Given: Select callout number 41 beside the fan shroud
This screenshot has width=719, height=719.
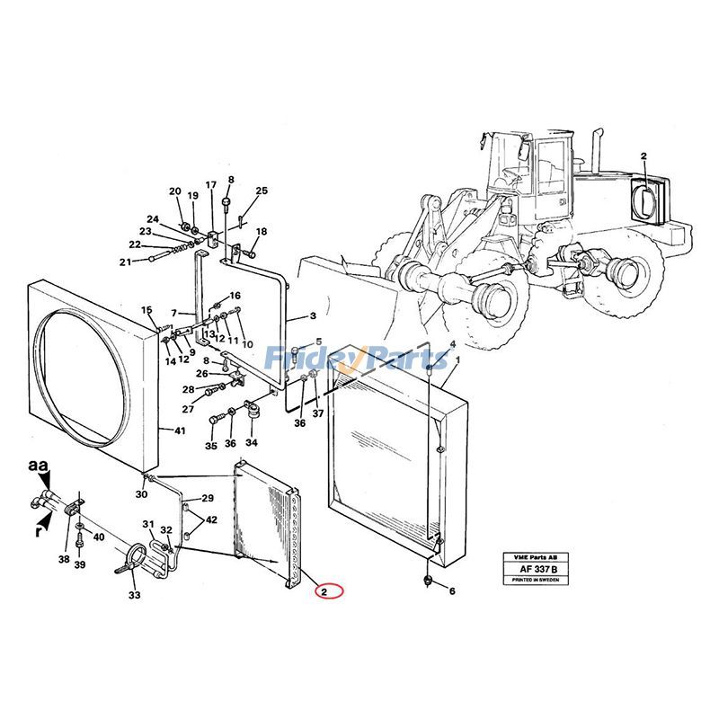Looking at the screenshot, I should [181, 431].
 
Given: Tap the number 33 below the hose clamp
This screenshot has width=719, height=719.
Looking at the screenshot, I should [135, 595].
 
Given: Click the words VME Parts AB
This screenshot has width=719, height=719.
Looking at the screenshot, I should [537, 557].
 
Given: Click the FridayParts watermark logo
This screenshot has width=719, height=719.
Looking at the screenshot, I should [359, 359].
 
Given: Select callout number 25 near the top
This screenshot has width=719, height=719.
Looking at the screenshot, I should [262, 191].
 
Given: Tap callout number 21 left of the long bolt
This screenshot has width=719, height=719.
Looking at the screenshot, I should [126, 262].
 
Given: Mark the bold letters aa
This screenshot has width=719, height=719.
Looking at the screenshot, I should [36, 466].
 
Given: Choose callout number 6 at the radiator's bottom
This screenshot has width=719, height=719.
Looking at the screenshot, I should [452, 591].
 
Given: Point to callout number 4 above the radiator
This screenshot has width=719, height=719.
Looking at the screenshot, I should [452, 344].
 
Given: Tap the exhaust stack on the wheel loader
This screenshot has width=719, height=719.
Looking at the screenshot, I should [595, 153].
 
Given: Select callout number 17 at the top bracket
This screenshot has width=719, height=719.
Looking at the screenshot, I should [211, 186].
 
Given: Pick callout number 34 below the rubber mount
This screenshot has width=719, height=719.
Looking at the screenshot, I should [252, 443].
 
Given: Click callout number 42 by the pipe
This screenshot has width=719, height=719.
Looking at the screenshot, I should [211, 520].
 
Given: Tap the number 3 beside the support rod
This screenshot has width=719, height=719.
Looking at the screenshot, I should [313, 316].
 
